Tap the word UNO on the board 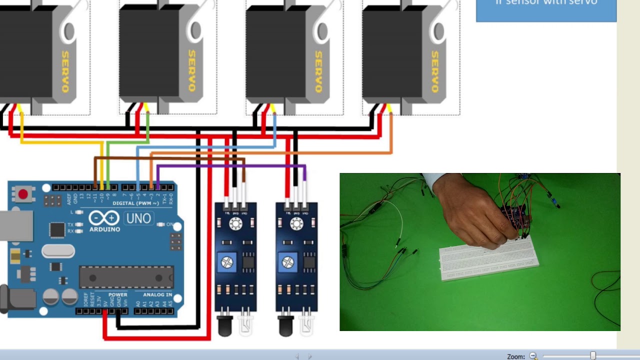(138, 218)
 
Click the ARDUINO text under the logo (104, 229)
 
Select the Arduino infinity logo (104, 218)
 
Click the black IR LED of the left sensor (224, 326)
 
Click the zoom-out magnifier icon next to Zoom (533, 356)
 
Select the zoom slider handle (593, 356)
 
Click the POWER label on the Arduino (118, 294)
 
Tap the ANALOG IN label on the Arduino (157, 294)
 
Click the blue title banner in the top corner (546, 10)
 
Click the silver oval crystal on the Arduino (58, 250)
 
